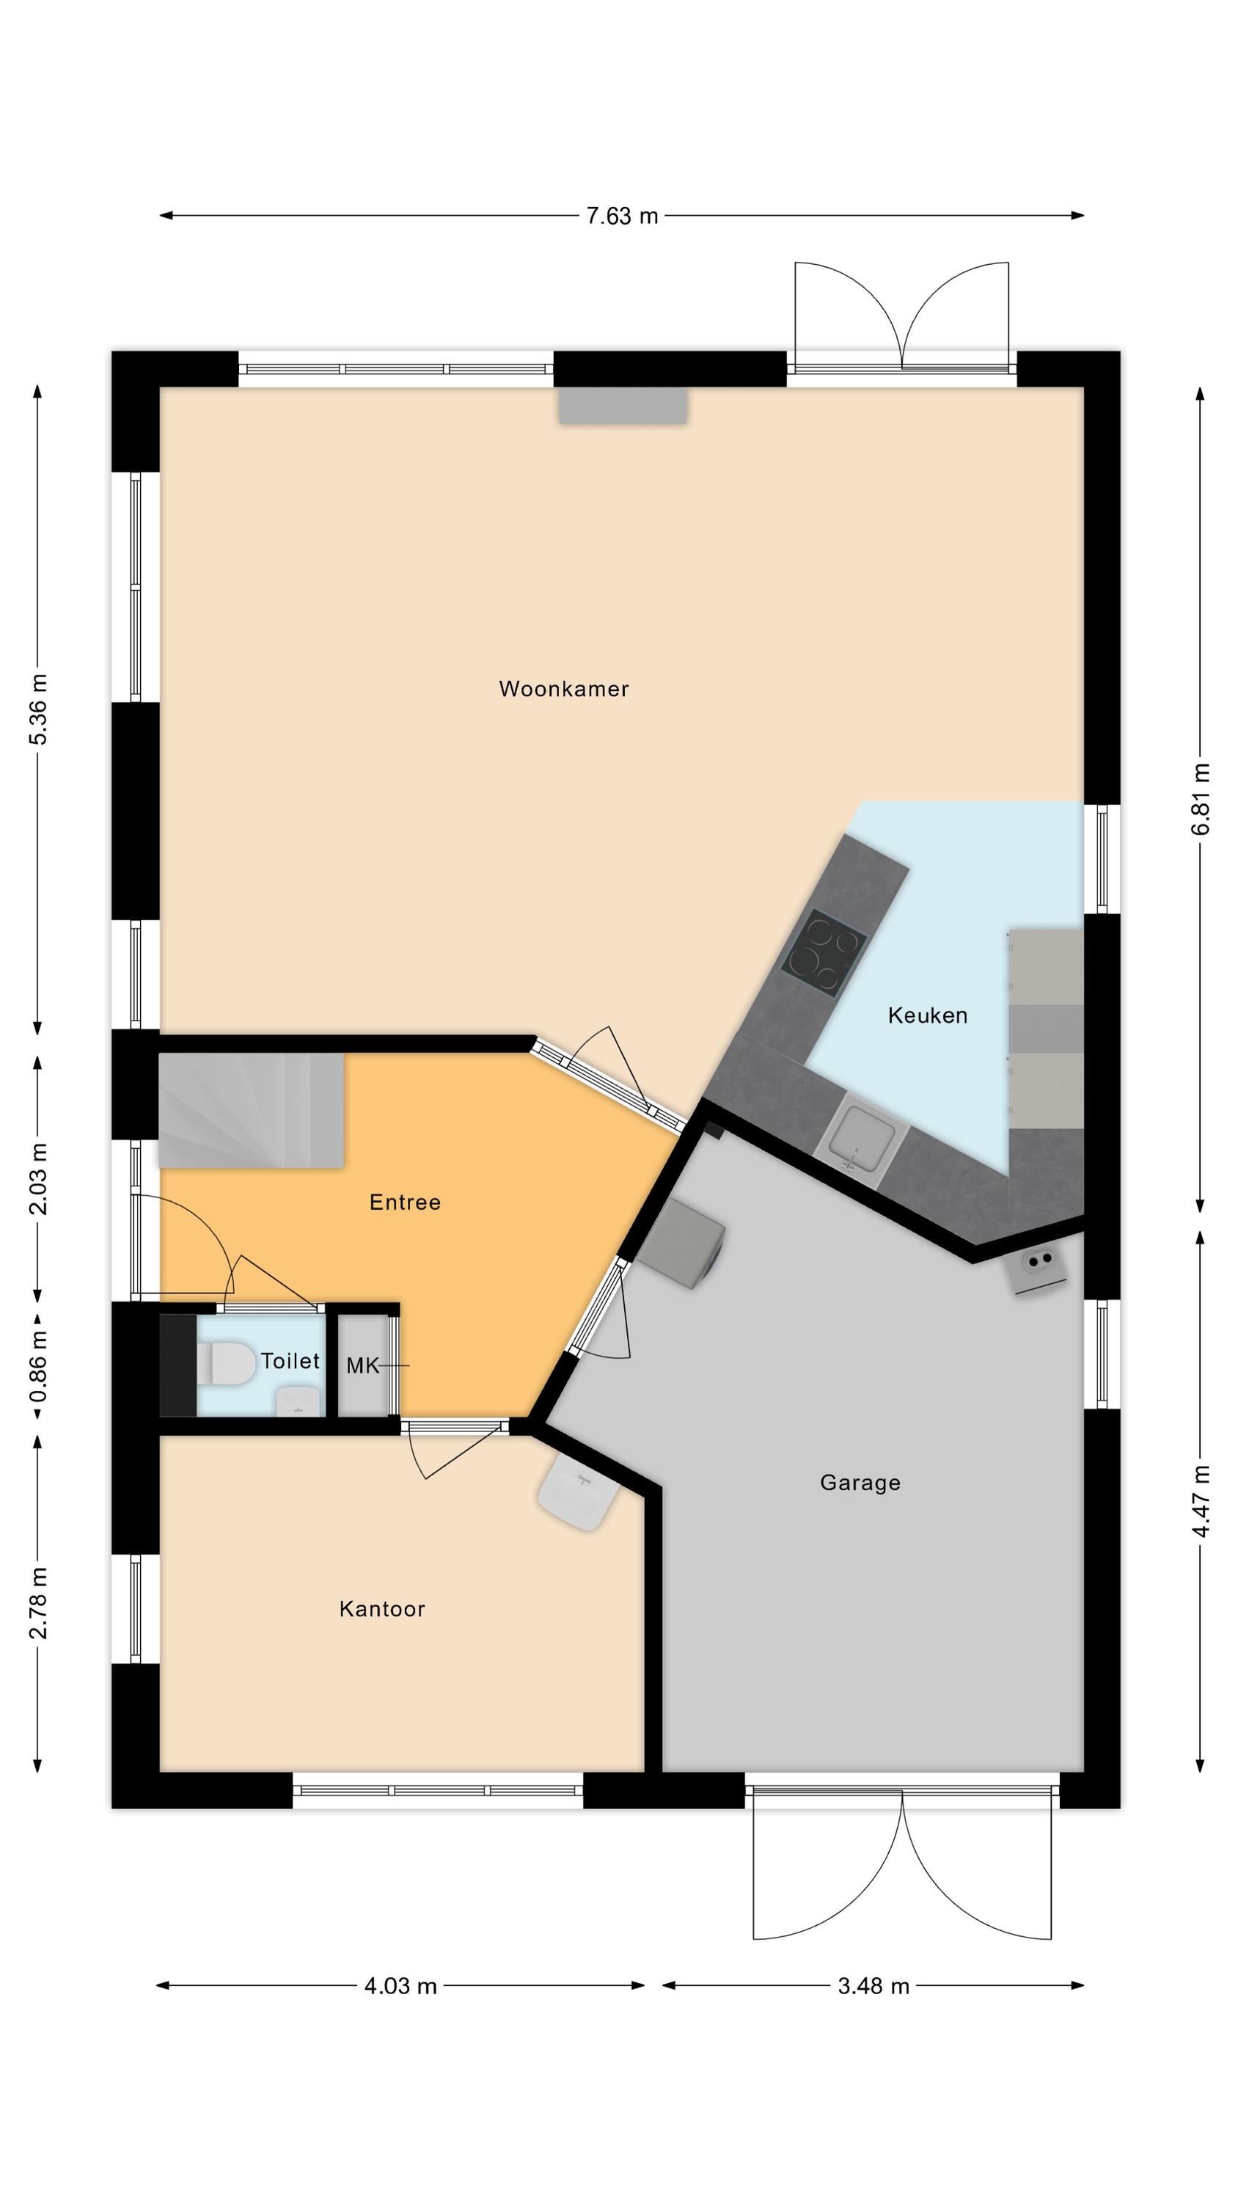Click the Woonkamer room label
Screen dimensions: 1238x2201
pyautogui.click(x=563, y=689)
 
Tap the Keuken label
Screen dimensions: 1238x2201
pyautogui.click(x=927, y=1015)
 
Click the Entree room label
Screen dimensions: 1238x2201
pyautogui.click(x=405, y=1202)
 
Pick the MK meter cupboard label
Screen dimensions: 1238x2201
pyautogui.click(x=362, y=1365)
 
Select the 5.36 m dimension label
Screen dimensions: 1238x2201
pyautogui.click(x=38, y=710)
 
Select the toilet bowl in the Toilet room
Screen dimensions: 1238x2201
pyautogui.click(x=224, y=1362)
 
